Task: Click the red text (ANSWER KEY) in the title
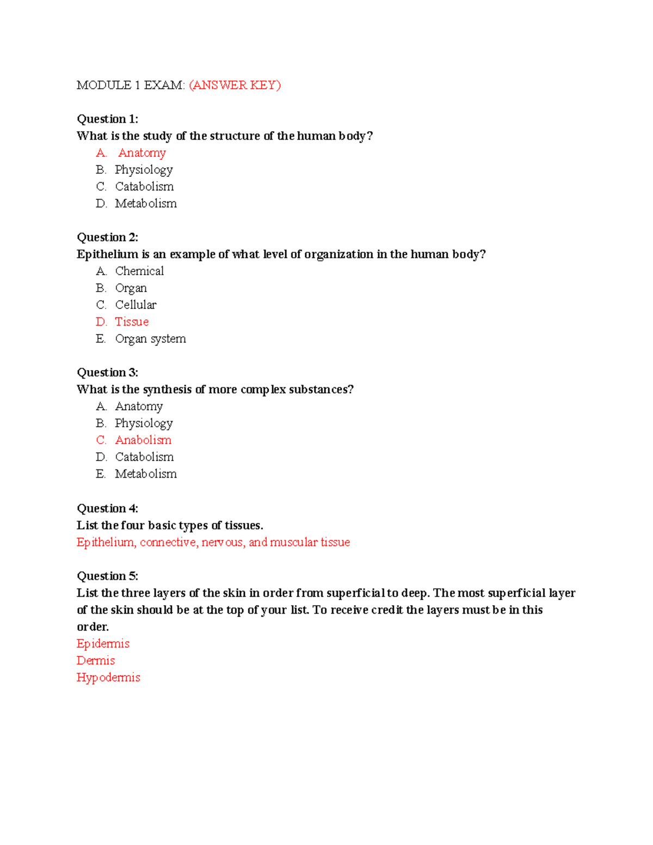click(235, 85)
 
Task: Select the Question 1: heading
click(107, 119)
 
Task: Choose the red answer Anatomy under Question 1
click(141, 153)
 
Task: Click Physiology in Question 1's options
click(144, 170)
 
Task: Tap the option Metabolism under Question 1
click(146, 203)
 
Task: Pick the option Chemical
click(139, 271)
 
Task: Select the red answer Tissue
click(132, 322)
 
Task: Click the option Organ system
click(150, 338)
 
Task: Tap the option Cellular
click(135, 305)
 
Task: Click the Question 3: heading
click(107, 373)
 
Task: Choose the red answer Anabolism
click(143, 440)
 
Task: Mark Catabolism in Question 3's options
click(144, 457)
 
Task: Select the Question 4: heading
click(107, 508)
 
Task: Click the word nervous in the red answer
click(222, 542)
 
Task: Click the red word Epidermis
click(103, 644)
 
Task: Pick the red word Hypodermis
click(108, 677)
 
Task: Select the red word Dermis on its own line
click(96, 661)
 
